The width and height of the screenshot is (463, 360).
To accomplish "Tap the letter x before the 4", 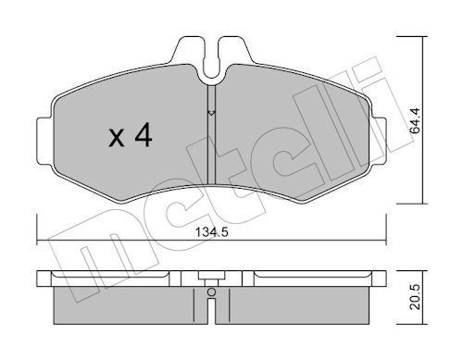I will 116,141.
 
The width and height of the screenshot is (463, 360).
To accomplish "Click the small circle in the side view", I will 211,292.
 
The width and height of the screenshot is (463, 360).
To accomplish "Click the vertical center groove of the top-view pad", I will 212,148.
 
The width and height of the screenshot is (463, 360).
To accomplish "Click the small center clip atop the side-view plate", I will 212,275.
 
